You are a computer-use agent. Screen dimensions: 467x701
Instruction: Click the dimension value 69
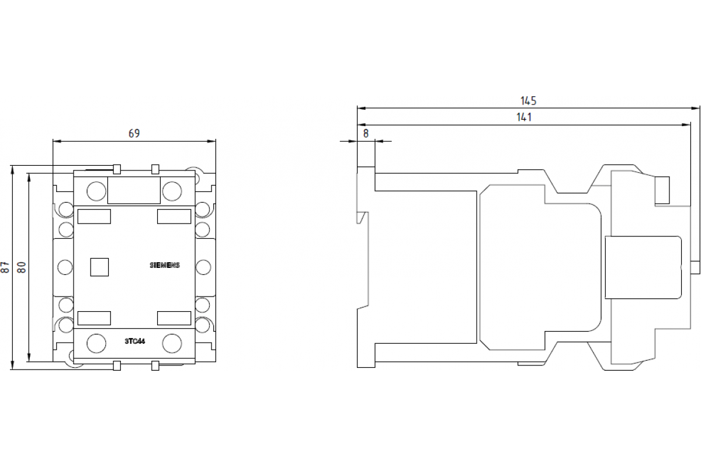tap(134, 134)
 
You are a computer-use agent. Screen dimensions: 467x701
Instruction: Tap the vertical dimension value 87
tap(5, 267)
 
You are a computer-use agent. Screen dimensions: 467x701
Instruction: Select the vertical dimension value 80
tap(22, 267)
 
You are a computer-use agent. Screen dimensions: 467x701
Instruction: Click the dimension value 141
tap(524, 117)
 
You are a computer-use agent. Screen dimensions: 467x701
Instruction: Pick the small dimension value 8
tap(366, 133)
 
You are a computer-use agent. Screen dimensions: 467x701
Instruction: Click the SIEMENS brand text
tap(165, 265)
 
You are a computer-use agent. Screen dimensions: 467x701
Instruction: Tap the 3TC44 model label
tap(134, 341)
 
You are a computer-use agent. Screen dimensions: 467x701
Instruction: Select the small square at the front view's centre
tap(99, 267)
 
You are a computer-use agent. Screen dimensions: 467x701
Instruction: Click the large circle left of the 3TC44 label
tap(96, 343)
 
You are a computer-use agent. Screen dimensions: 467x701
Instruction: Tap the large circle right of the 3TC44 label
tap(172, 343)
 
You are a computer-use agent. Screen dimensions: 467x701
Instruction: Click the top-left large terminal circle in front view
tap(96, 190)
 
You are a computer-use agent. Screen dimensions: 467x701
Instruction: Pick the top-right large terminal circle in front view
tap(172, 190)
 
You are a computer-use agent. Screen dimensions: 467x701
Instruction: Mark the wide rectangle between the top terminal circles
tap(134, 191)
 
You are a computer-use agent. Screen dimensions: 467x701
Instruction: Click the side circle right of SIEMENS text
tap(203, 267)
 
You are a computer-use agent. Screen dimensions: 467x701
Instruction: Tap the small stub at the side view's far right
tap(695, 267)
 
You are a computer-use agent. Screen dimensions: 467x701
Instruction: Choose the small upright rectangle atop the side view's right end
tap(662, 190)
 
